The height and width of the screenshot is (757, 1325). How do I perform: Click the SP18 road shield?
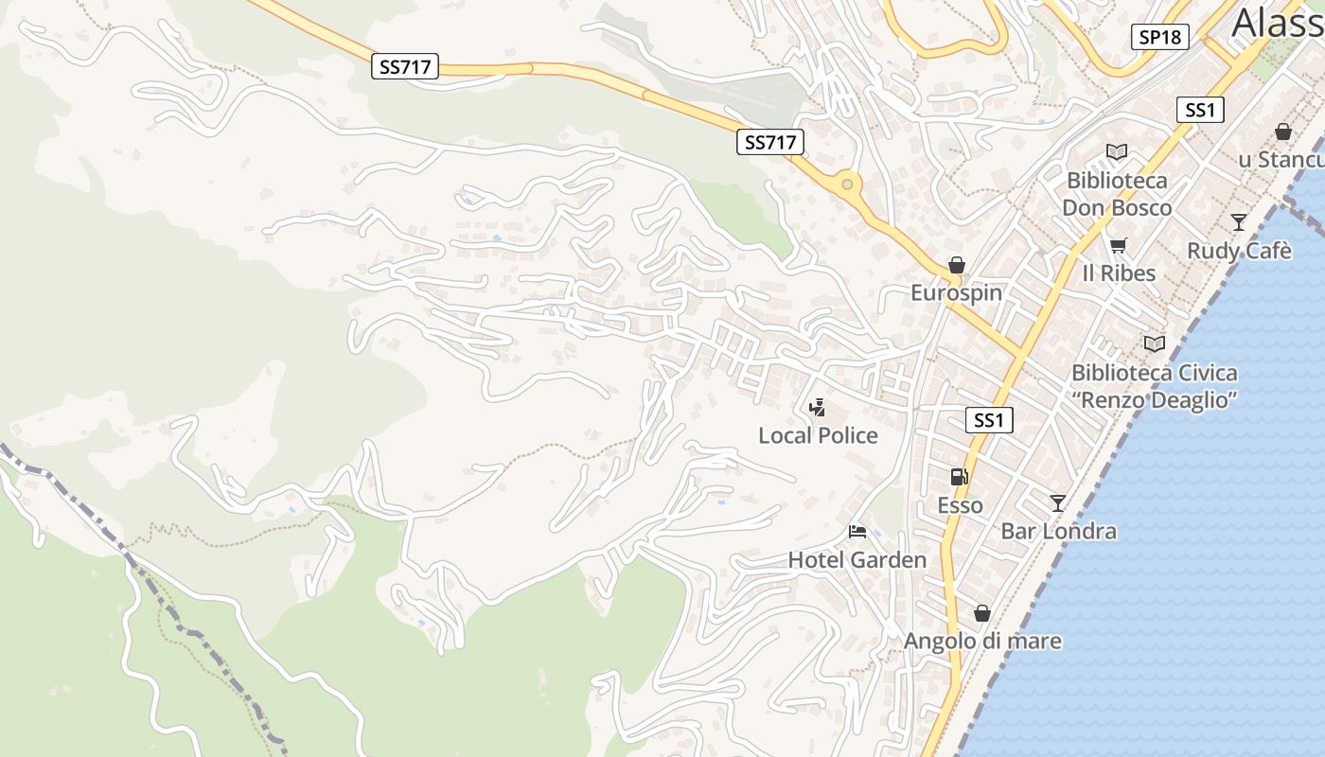(x=1159, y=37)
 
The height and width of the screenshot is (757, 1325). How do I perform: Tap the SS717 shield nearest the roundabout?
(x=769, y=143)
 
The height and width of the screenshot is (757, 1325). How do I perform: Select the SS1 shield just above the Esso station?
(x=988, y=420)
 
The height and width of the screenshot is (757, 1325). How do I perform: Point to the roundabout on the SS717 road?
(x=847, y=185)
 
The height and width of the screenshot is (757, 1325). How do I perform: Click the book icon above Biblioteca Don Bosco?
(x=1117, y=151)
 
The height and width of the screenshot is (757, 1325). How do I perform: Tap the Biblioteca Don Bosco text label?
(x=1117, y=194)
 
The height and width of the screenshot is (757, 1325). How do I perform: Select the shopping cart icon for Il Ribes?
(x=1118, y=246)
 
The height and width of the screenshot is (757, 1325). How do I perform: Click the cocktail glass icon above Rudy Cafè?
(x=1238, y=222)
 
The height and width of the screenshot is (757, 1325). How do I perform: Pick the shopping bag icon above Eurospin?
(x=957, y=265)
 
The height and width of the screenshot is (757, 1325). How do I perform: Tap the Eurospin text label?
(x=956, y=293)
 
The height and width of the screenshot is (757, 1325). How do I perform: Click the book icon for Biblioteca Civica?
(x=1154, y=343)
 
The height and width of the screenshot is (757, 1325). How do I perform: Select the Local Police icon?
(x=817, y=408)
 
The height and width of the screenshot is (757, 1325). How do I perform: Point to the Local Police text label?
(x=818, y=435)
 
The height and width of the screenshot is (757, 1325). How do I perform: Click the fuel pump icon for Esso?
(x=959, y=477)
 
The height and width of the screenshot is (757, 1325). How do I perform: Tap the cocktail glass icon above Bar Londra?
(x=1057, y=503)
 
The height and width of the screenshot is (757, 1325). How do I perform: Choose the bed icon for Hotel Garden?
(x=857, y=532)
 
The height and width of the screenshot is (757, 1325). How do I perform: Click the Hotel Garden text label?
(x=857, y=560)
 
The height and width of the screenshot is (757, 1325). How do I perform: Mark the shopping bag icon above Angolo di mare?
(x=982, y=613)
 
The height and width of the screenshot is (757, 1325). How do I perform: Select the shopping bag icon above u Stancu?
(x=1282, y=132)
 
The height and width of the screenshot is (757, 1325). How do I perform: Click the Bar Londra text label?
(x=1058, y=532)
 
